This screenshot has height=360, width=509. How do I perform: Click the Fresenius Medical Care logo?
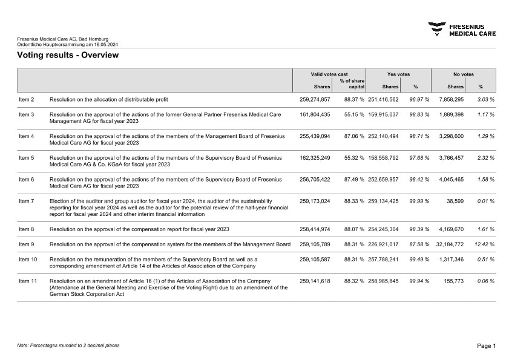click(462, 29)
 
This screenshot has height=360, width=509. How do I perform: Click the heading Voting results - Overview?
click(68, 55)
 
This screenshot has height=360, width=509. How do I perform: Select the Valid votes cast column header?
click(329, 74)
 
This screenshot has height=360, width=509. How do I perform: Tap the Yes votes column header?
click(398, 74)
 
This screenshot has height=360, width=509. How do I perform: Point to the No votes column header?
click(464, 74)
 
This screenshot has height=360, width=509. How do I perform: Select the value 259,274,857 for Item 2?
click(315, 99)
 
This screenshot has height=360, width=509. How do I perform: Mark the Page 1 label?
click(486, 345)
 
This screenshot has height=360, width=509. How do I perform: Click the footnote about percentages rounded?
click(68, 345)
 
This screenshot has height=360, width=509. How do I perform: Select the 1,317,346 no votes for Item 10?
click(448, 259)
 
